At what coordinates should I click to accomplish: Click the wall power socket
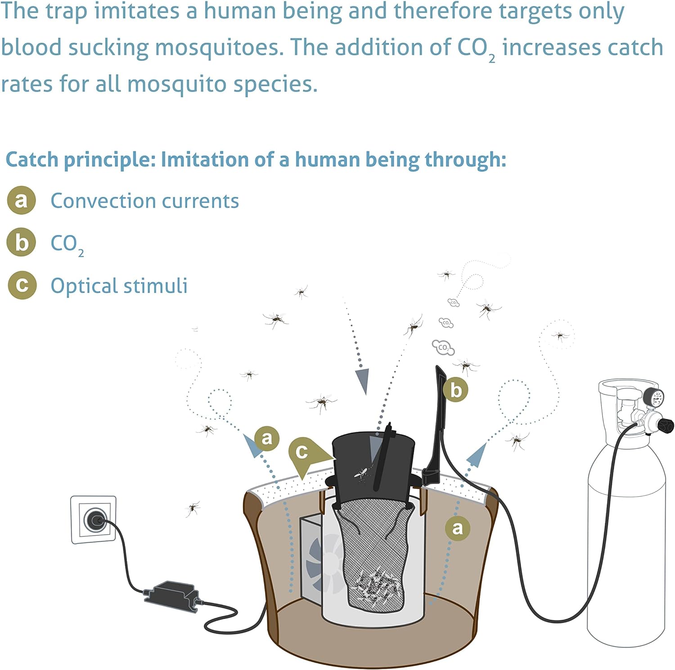pos(94,520)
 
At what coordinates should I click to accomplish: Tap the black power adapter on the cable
pos(171,596)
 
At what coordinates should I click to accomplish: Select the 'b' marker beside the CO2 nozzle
pos(455,390)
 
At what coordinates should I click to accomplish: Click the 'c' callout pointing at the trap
pos(302,452)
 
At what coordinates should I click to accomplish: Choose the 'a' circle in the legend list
pos(21,200)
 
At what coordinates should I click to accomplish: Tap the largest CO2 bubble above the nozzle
pos(443,347)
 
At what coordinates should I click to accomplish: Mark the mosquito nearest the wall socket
pos(193,508)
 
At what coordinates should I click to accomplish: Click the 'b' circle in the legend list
pos(21,243)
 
